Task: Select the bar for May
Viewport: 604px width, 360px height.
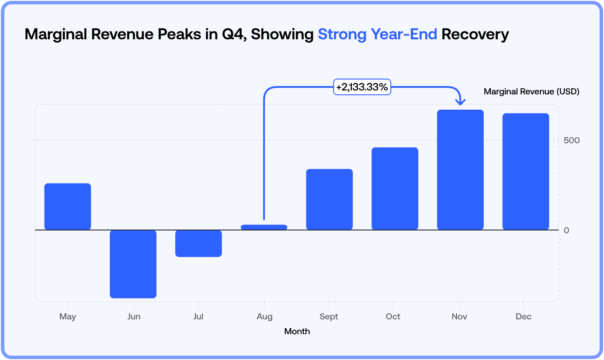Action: click(x=68, y=206)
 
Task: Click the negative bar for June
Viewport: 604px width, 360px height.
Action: click(x=133, y=264)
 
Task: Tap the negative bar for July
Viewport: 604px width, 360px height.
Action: click(x=198, y=243)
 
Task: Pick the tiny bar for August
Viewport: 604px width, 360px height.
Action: click(x=264, y=227)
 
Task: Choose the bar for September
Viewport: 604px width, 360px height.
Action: click(x=329, y=199)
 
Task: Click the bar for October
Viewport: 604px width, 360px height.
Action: click(x=395, y=188)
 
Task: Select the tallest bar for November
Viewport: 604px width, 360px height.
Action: click(x=460, y=170)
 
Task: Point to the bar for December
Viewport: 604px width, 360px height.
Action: click(x=525, y=171)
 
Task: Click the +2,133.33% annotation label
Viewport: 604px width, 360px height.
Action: click(x=362, y=87)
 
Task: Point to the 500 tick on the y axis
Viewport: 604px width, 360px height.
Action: click(x=572, y=140)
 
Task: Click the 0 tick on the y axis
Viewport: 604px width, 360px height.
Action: click(x=566, y=230)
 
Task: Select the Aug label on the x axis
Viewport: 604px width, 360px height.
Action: click(x=264, y=317)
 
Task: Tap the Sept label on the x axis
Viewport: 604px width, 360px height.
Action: click(x=329, y=317)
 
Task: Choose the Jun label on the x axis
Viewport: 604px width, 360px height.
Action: click(x=134, y=317)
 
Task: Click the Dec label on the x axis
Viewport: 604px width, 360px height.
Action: click(x=524, y=317)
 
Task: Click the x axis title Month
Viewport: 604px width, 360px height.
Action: click(x=297, y=332)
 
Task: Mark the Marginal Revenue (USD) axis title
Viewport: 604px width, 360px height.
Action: click(x=531, y=92)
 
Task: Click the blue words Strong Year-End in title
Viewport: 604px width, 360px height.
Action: click(x=377, y=34)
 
